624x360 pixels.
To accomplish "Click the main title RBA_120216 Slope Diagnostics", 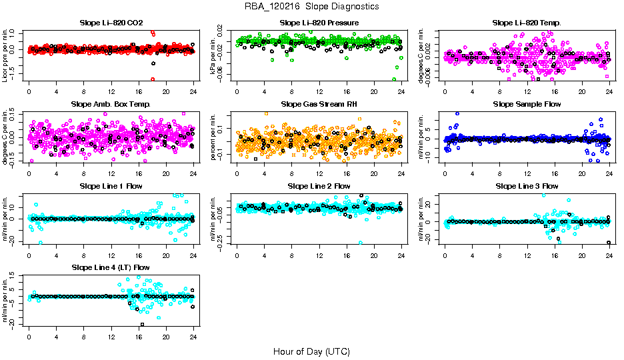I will click(311, 6).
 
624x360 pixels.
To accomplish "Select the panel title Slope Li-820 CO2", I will click(111, 23).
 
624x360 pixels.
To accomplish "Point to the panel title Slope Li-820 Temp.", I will click(527, 23).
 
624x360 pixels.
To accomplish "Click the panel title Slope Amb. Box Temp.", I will click(111, 104).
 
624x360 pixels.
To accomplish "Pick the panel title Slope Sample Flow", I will click(527, 104).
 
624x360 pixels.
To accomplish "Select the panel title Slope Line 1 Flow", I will click(111, 186).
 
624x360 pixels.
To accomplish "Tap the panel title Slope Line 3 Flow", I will click(527, 186).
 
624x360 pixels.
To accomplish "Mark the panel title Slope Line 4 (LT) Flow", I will click(111, 267).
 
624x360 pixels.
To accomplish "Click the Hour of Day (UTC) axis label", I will click(311, 351).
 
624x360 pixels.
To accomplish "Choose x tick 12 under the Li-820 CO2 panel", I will click(111, 91).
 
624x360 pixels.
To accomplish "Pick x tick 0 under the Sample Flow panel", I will click(445, 172).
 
